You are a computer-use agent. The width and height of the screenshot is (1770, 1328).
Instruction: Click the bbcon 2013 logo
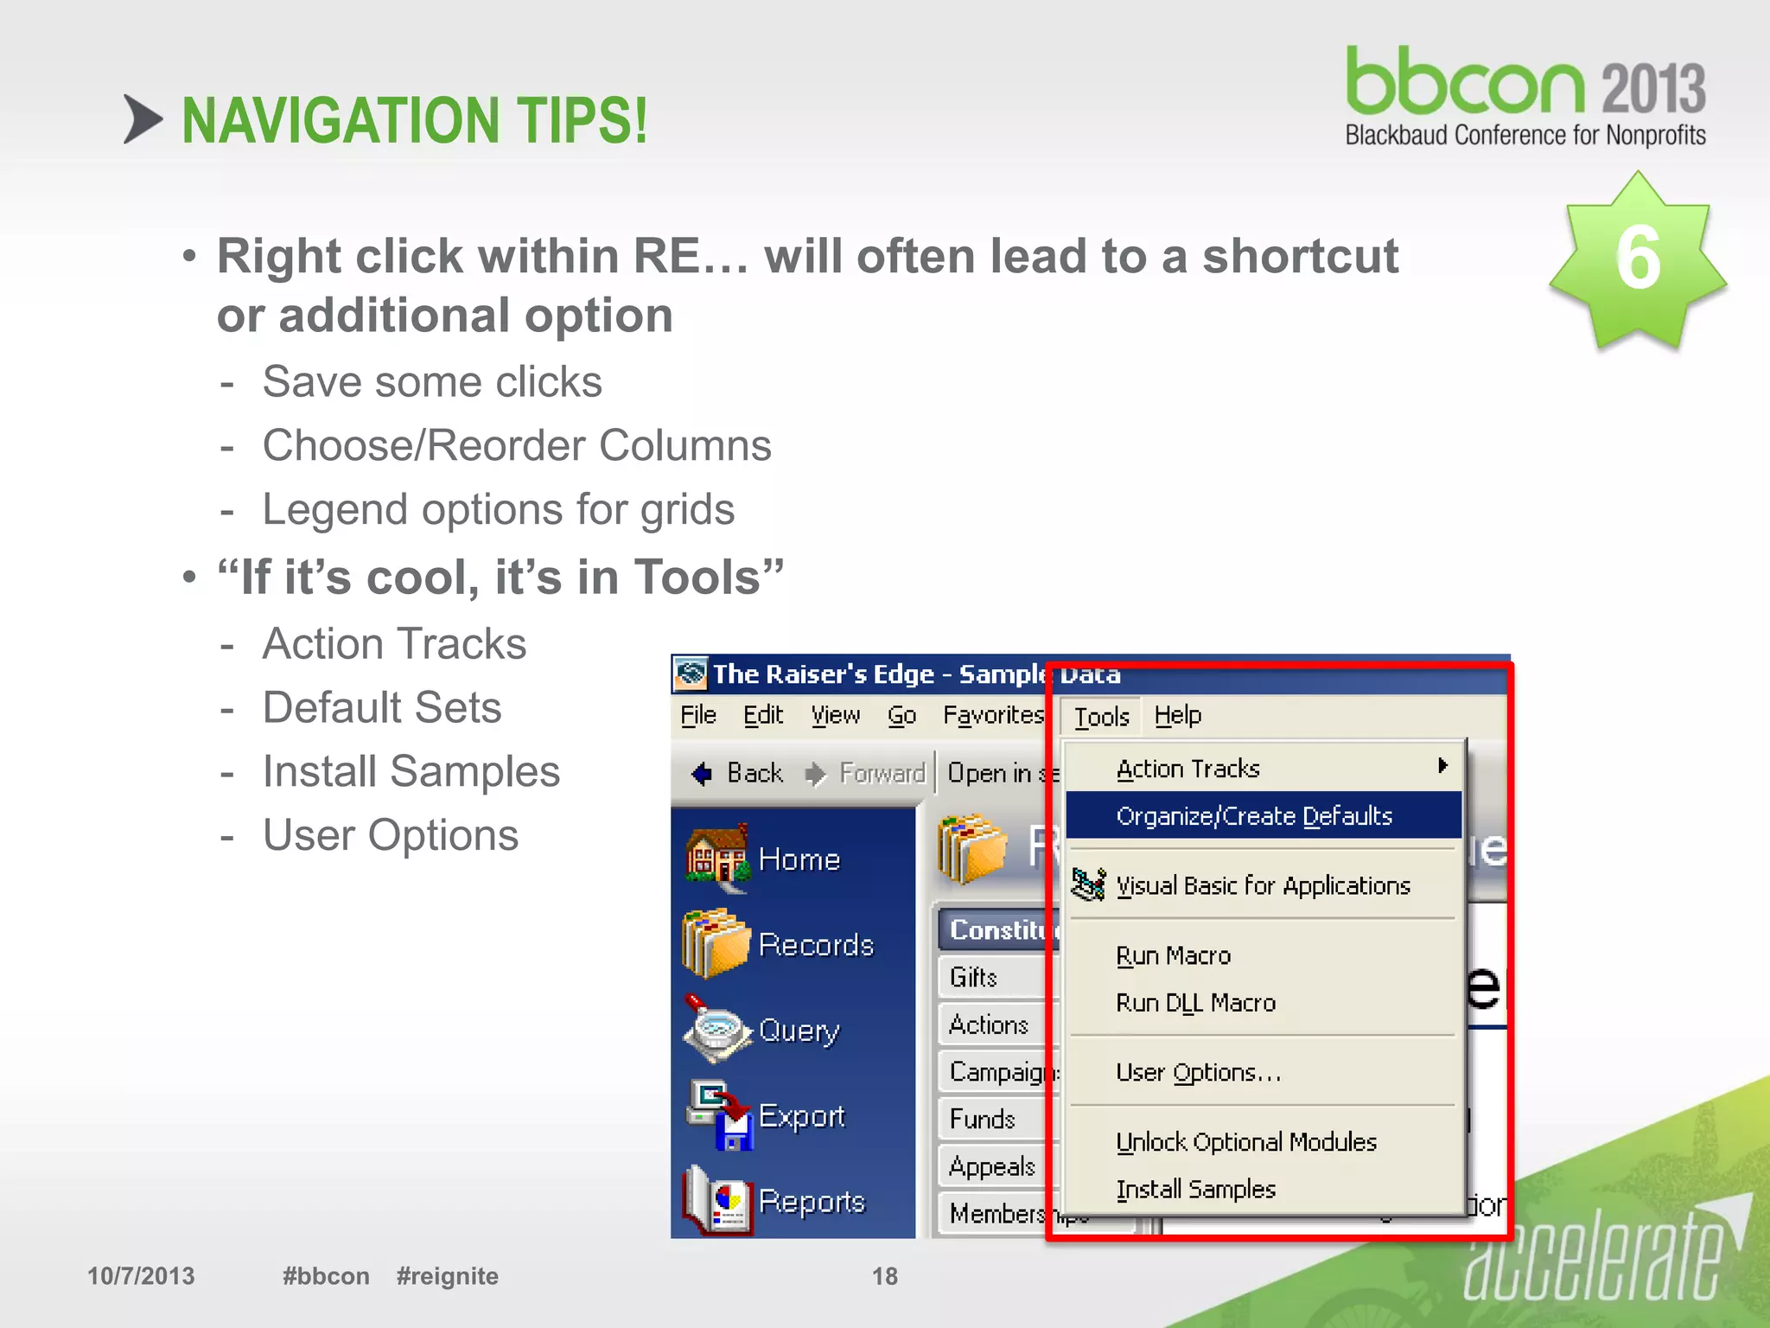click(x=1525, y=96)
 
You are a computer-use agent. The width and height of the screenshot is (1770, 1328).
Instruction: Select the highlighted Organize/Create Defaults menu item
click(x=1254, y=816)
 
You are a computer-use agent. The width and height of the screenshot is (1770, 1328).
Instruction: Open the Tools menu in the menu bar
click(x=1101, y=717)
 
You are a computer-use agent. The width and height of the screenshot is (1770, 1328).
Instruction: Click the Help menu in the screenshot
click(x=1177, y=716)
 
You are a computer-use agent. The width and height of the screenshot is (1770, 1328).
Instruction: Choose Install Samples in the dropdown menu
click(x=1195, y=1190)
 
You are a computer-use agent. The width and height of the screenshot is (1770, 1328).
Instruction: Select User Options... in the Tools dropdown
click(x=1198, y=1073)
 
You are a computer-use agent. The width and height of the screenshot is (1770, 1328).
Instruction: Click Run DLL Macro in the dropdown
click(x=1195, y=1003)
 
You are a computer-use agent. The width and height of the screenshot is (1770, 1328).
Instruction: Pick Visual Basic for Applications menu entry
click(x=1262, y=886)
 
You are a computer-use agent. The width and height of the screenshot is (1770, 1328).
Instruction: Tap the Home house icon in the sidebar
click(x=716, y=859)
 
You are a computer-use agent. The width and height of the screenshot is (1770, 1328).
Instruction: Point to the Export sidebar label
click(x=801, y=1116)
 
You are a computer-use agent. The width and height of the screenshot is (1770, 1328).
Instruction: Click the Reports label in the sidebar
click(x=812, y=1202)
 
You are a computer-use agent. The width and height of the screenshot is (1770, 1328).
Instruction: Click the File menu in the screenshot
click(x=698, y=716)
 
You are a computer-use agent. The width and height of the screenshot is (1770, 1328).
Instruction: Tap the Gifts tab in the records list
click(x=974, y=978)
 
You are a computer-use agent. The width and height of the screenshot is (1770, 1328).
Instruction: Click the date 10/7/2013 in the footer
click(x=141, y=1276)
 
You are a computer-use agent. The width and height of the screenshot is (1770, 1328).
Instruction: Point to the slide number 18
click(x=884, y=1276)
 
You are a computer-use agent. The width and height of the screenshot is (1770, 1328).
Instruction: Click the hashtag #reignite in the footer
click(x=447, y=1276)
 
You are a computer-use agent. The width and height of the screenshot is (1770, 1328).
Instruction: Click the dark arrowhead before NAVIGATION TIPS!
click(x=142, y=119)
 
